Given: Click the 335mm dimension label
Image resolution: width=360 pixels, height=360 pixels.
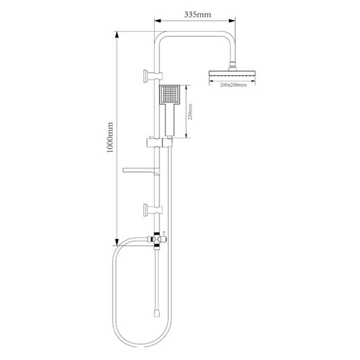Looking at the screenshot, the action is point(197,15).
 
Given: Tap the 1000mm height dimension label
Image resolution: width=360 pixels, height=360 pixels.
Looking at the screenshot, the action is point(110,137).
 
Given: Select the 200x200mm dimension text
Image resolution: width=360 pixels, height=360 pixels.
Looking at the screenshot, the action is point(233,85).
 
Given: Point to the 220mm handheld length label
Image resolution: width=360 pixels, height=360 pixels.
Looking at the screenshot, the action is point(190,112).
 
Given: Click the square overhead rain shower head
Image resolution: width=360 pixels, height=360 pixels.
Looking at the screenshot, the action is point(232,74).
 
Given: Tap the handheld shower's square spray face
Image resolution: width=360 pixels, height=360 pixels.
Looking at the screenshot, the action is point(170,95).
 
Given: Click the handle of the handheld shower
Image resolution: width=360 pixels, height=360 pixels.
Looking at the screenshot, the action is point(171,120).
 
